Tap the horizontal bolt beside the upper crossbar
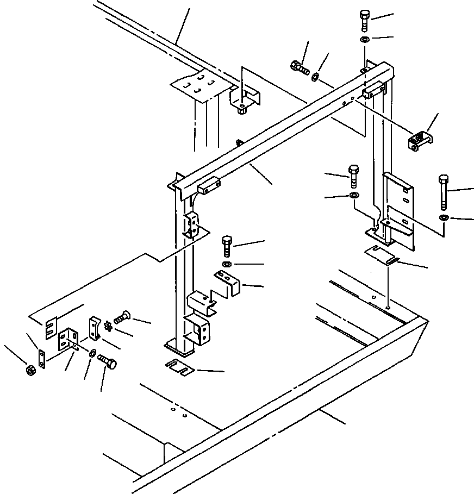(x=300, y=68)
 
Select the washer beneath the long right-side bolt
(x=444, y=218)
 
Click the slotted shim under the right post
(x=381, y=253)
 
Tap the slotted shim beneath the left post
(x=180, y=368)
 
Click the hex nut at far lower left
(x=30, y=370)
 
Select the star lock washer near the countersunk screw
(x=108, y=328)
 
